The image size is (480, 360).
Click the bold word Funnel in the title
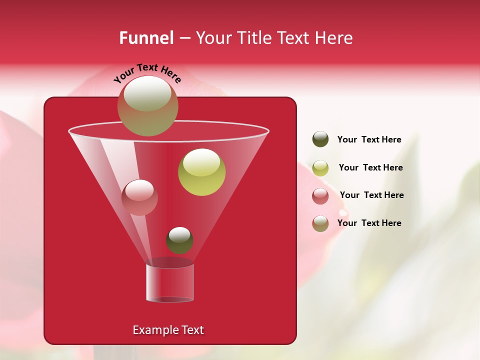(x=146, y=38)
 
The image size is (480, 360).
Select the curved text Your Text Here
(x=147, y=73)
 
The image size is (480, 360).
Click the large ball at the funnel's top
(x=148, y=106)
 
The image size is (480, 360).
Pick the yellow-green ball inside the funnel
(x=201, y=172)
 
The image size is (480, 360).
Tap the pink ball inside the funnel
(x=139, y=197)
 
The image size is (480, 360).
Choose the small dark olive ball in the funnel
(x=179, y=240)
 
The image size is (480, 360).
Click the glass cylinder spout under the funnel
(x=170, y=282)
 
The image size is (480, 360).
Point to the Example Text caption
(x=168, y=330)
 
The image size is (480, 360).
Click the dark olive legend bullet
(x=320, y=139)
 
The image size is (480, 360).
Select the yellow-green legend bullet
(x=320, y=168)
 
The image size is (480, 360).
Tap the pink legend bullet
(x=320, y=196)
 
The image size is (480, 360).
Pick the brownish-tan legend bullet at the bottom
(x=320, y=223)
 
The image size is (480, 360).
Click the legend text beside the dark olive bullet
(x=369, y=140)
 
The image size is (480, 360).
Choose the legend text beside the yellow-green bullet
(x=370, y=168)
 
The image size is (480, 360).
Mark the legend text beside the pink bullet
(x=371, y=195)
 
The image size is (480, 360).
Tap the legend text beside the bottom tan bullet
(x=369, y=223)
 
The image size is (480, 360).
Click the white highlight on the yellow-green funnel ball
(x=201, y=162)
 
